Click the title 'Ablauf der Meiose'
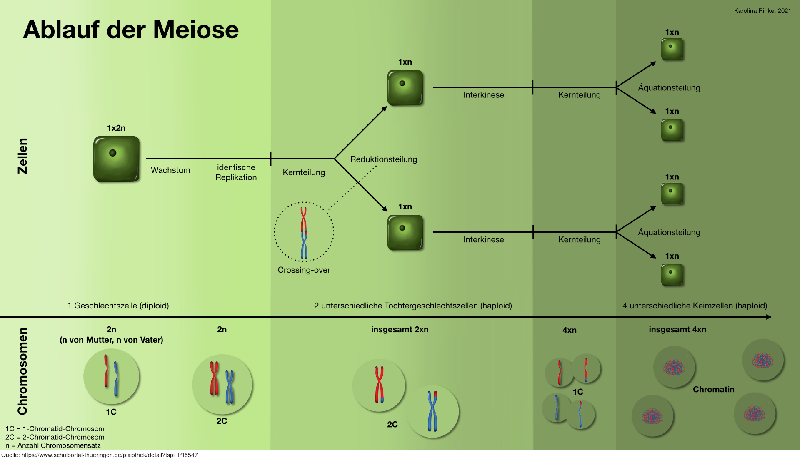pyautogui.click(x=131, y=30)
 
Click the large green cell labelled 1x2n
pyautogui.click(x=116, y=159)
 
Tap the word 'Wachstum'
pyautogui.click(x=170, y=170)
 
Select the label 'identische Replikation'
pyautogui.click(x=236, y=172)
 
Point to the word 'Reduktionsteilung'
pyautogui.click(x=383, y=159)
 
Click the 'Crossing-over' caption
pyautogui.click(x=304, y=270)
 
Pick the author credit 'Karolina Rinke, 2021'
pyautogui.click(x=762, y=11)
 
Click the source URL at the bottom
pyautogui.click(x=100, y=455)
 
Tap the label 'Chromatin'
pyautogui.click(x=713, y=390)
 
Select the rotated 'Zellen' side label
pyautogui.click(x=22, y=156)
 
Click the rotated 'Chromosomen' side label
pyautogui.click(x=22, y=371)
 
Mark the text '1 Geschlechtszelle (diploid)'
pyautogui.click(x=118, y=306)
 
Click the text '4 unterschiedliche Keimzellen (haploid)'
pyautogui.click(x=695, y=306)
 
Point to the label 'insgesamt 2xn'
pyautogui.click(x=400, y=330)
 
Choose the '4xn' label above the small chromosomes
pyautogui.click(x=569, y=331)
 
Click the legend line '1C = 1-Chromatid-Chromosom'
pyautogui.click(x=55, y=429)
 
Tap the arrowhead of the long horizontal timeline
pyautogui.click(x=769, y=317)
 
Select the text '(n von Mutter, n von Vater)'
pyautogui.click(x=111, y=340)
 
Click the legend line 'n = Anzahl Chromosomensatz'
pyautogui.click(x=53, y=445)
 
